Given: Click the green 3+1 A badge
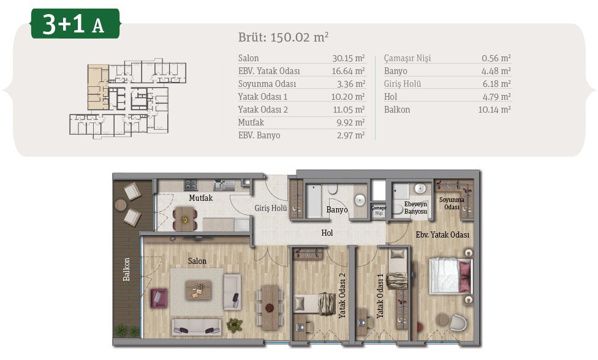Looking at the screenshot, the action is (75, 24).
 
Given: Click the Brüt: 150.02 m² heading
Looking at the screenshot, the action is (283, 37).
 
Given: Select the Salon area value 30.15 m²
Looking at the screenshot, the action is (349, 58).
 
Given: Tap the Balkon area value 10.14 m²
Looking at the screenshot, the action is (494, 110).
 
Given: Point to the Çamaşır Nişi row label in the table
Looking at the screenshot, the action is (407, 58).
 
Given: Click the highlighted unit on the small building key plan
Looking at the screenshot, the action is (98, 87).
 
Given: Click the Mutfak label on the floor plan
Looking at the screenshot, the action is (200, 198).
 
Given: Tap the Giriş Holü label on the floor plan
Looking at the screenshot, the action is (271, 208).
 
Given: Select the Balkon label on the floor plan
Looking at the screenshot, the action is (126, 269).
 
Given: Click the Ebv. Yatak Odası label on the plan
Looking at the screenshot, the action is (442, 234).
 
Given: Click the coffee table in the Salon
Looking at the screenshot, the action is (199, 290).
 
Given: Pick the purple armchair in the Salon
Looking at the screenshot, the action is (159, 298).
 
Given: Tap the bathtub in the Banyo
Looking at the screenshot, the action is (314, 201).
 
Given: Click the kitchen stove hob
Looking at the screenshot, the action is (191, 185).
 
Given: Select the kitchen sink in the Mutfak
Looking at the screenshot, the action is (224, 185).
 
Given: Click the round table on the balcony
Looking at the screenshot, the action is (121, 205).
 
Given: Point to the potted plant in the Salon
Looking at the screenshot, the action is (235, 325).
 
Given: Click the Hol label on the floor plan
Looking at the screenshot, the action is (327, 233).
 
